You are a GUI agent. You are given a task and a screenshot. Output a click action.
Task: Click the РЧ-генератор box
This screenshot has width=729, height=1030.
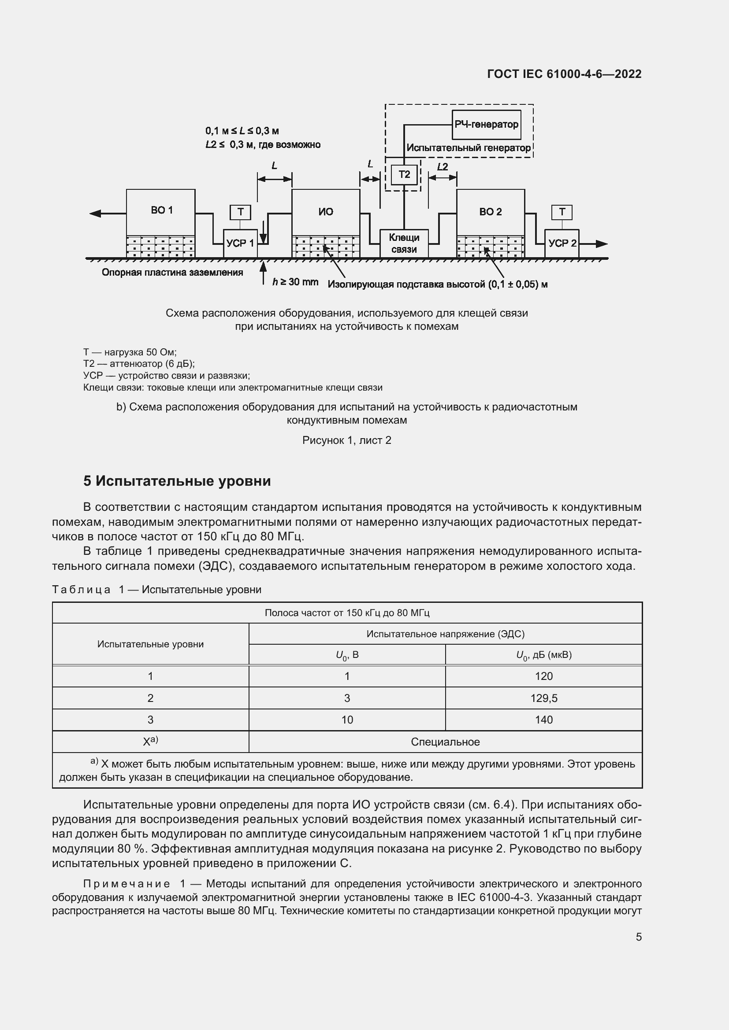[486, 124]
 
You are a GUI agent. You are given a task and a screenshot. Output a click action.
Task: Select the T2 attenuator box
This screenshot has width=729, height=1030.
[404, 174]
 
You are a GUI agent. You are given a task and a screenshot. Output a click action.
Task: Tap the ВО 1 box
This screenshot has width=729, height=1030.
[161, 211]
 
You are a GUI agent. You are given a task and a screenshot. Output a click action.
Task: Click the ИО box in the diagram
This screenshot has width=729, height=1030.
[325, 212]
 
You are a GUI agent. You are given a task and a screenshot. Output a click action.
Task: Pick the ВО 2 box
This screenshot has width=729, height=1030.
[490, 212]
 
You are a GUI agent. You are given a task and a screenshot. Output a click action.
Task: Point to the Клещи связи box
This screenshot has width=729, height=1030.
[404, 244]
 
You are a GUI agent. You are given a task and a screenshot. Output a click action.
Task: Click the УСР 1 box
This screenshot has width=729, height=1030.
[240, 244]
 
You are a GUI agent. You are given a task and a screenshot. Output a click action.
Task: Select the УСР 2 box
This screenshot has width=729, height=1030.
[562, 244]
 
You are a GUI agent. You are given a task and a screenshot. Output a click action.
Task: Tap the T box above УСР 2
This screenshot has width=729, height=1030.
[562, 212]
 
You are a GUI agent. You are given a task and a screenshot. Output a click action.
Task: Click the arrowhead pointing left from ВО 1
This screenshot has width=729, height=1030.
[96, 214]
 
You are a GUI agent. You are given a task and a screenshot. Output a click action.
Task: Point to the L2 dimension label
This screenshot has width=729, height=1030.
[442, 167]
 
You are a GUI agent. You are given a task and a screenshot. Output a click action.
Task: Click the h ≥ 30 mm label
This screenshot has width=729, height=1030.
[295, 282]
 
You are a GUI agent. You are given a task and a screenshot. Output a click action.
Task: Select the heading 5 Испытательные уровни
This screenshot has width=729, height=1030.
[177, 481]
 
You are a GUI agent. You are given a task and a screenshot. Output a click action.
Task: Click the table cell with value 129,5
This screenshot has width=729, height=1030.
[543, 698]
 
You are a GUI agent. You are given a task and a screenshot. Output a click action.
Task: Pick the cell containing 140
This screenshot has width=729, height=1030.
[543, 720]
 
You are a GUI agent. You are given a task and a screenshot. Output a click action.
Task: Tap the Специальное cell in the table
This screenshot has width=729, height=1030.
[445, 742]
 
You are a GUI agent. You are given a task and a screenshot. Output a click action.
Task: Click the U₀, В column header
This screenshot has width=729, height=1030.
[347, 655]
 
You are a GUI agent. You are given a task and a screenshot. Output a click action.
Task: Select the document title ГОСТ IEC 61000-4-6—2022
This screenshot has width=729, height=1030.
[564, 74]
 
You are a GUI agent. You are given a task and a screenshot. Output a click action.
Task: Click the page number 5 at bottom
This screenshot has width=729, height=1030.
[638, 937]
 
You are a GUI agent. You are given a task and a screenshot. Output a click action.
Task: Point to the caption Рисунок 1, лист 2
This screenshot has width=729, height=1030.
[346, 440]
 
